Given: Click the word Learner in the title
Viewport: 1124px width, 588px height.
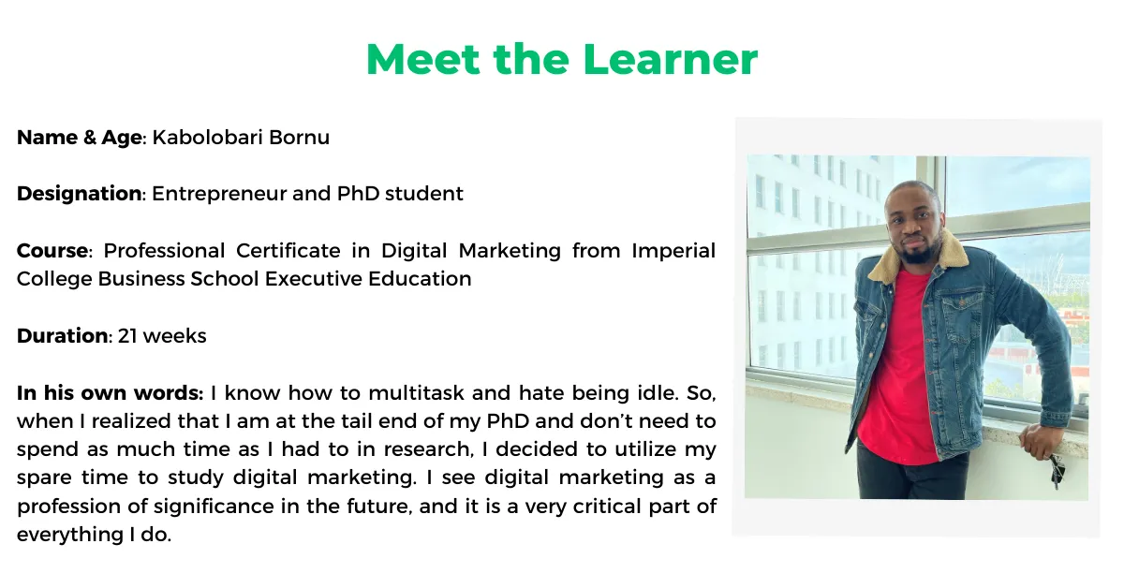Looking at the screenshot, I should tap(670, 59).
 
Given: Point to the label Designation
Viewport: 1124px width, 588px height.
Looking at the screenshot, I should tap(79, 194).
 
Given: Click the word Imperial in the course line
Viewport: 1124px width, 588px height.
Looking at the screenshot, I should tap(673, 251).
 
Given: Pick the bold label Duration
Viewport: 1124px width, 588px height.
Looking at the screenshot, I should tap(62, 335).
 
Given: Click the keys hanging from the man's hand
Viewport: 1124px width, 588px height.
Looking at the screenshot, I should tap(1056, 468).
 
